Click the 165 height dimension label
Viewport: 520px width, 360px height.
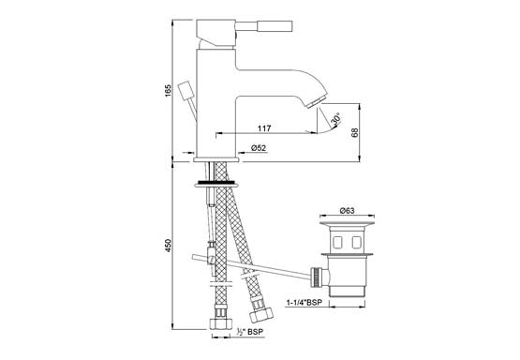168,91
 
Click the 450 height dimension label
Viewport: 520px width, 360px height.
168,246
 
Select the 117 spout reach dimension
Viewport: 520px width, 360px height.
264,128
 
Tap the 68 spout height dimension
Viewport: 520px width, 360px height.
354,133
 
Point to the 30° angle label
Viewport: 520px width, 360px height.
335,119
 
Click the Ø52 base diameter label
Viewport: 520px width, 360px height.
259,148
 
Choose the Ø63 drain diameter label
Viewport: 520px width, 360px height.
347,210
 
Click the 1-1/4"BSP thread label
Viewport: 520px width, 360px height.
306,303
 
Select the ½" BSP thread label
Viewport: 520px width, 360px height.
247,332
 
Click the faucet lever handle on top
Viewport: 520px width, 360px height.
263,26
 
